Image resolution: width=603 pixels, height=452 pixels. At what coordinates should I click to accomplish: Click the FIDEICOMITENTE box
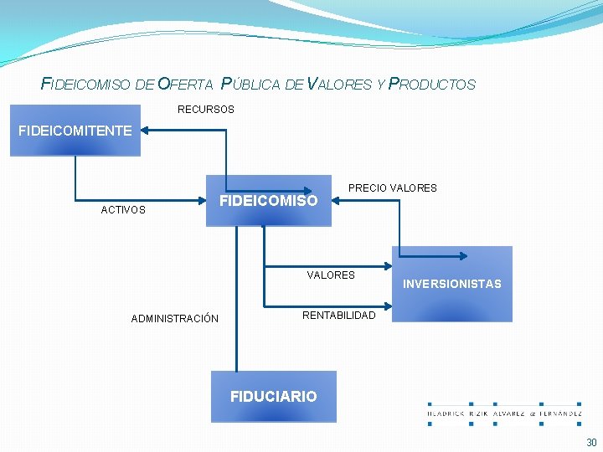75,131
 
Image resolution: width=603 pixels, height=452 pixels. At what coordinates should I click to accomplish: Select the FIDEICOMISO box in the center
269,201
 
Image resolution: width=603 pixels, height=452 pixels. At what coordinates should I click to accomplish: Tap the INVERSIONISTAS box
452,284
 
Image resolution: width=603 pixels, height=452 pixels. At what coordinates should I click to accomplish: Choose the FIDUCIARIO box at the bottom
274,396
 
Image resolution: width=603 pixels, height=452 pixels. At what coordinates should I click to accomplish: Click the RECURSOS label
206,110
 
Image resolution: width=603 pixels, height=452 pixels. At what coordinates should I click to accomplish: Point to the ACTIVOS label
123,210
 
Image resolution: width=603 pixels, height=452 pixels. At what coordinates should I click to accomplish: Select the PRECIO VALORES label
393,188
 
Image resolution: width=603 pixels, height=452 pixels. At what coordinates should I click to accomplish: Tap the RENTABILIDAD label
339,316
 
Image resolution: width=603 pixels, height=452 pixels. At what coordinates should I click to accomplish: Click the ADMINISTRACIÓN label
175,319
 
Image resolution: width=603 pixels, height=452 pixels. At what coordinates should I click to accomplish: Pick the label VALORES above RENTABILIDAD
331,275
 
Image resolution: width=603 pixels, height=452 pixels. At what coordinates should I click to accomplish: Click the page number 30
591,443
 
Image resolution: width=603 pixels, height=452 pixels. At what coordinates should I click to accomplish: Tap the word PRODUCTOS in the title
432,85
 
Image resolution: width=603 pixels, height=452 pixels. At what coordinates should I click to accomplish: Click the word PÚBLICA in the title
250,85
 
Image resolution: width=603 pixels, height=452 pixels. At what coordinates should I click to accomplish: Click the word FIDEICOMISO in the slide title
86,85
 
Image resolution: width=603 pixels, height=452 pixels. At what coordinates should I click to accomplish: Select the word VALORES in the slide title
340,85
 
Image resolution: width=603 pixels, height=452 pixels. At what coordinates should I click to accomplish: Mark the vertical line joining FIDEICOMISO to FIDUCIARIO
237,301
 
